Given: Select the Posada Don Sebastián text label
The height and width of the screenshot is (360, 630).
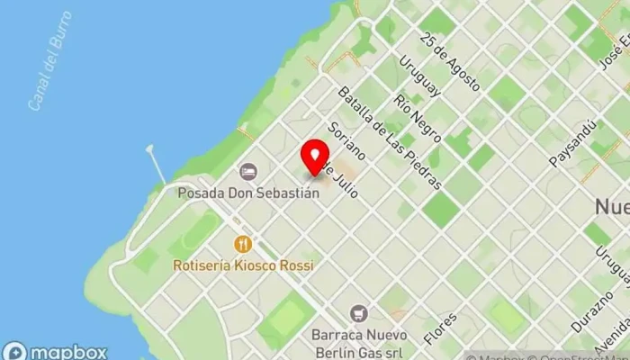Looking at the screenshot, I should tap(247, 193).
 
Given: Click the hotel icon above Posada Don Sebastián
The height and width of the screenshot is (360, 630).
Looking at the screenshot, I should tap(248, 171).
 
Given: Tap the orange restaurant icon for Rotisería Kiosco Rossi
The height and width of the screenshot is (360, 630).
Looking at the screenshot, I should tap(242, 244).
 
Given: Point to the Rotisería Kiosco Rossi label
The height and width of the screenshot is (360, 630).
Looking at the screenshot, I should tap(245, 265).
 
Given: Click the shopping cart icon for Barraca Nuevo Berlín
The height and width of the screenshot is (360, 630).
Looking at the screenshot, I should tap(359, 313).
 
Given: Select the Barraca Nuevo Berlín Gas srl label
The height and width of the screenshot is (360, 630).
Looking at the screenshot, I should tap(360, 341).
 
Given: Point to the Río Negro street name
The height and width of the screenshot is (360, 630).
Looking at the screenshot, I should tap(417, 117).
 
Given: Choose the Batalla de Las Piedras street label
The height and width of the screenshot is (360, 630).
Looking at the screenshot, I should tap(389, 138).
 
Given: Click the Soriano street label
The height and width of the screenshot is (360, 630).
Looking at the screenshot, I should tap(346, 140).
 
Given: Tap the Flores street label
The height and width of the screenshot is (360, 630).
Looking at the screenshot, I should tap(442, 329).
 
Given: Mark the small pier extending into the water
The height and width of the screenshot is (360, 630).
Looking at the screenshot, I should tap(157, 162).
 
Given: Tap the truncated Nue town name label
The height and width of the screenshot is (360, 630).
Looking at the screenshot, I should tap(612, 206).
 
